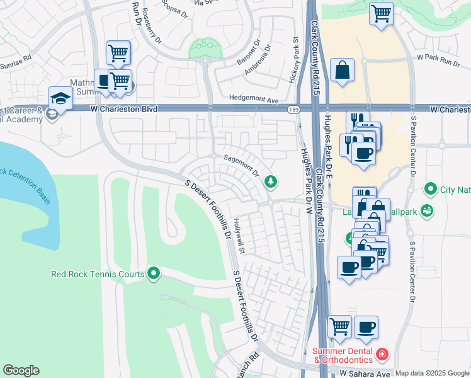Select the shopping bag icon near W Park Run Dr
[x=342, y=71]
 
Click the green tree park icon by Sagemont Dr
[x=271, y=181]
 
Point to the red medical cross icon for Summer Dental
[x=382, y=355]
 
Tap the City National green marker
[x=431, y=188]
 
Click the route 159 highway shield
[x=294, y=110]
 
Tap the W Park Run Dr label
[x=439, y=57]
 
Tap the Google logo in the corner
[x=21, y=370]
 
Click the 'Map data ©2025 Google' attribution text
[x=432, y=373]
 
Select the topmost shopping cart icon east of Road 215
[x=381, y=13]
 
